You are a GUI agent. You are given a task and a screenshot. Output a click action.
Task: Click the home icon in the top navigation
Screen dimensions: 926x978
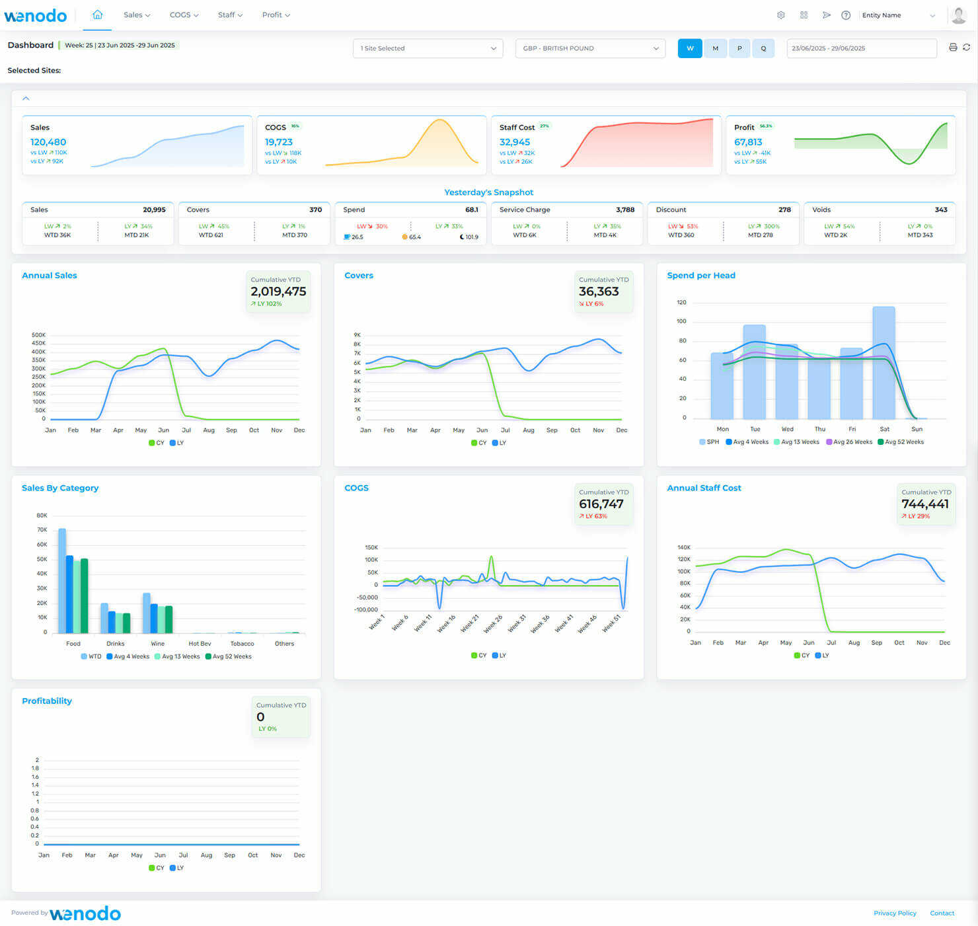(97, 15)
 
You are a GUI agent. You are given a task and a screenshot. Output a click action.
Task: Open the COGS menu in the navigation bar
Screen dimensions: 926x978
(184, 15)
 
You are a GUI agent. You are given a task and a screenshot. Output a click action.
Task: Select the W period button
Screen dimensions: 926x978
(690, 48)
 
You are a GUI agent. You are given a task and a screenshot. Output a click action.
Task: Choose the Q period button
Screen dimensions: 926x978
(763, 48)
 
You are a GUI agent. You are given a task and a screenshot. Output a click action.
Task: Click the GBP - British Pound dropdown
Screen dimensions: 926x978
(590, 48)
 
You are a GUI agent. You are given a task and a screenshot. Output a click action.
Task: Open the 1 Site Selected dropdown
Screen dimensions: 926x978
(428, 48)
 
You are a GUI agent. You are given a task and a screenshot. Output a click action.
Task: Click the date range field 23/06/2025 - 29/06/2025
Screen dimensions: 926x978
(861, 48)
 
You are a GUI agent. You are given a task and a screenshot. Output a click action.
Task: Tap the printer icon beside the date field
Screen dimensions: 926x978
(953, 48)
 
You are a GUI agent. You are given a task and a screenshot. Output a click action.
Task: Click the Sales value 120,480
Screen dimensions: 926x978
(48, 142)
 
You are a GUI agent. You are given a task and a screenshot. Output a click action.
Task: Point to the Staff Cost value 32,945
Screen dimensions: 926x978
(515, 142)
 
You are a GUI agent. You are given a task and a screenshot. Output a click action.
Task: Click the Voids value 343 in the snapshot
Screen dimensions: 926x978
(941, 210)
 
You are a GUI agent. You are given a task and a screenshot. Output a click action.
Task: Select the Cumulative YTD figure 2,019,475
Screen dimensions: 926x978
(278, 291)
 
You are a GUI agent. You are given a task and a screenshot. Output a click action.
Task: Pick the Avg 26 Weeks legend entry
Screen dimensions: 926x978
(849, 442)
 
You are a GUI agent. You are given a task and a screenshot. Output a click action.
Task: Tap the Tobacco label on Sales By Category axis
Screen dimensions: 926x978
(242, 644)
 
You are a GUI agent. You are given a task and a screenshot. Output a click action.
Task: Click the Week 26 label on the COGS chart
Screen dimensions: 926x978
(493, 624)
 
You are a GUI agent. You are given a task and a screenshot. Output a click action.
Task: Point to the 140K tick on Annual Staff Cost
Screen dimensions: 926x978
(684, 547)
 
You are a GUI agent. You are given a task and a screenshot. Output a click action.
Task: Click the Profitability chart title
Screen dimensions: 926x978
(47, 701)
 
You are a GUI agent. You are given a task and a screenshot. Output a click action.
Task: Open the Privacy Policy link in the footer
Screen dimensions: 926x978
(895, 913)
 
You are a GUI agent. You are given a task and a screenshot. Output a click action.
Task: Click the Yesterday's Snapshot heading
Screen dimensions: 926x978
(488, 192)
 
